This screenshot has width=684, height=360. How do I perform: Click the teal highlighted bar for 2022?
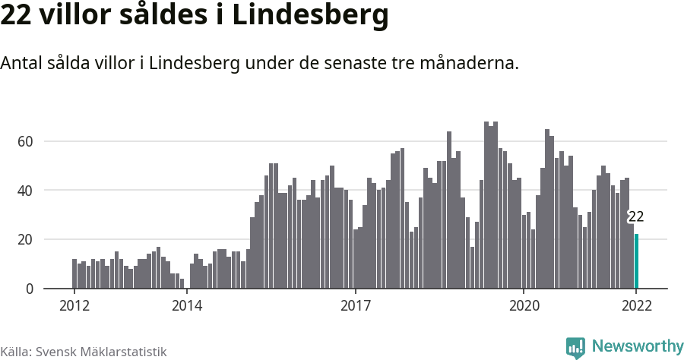637,261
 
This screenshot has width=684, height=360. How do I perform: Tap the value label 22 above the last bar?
636,217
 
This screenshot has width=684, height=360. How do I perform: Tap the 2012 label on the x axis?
74,306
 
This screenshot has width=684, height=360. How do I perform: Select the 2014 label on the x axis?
187,306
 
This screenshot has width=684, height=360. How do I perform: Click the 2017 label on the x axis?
356,306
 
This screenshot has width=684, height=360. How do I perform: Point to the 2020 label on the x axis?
524,306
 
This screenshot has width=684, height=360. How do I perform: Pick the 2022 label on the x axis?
636,306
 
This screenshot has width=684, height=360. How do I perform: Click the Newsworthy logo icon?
575,347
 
